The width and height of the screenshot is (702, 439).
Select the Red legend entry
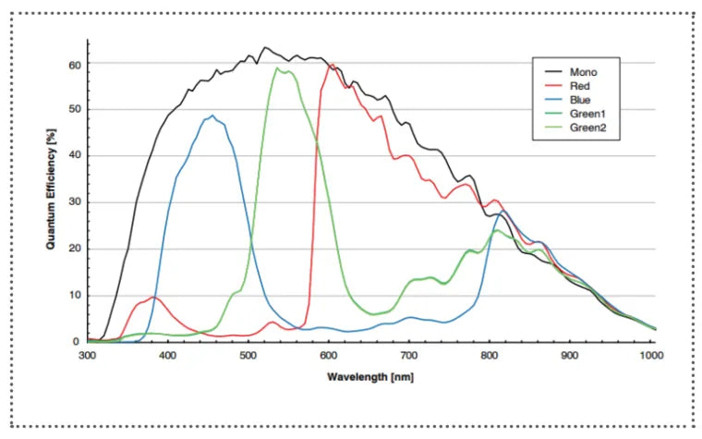pos(579,85)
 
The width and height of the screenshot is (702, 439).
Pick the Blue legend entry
pos(580,99)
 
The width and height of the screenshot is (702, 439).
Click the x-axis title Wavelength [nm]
pos(370,376)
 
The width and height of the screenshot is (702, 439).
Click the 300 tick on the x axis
pos(88,354)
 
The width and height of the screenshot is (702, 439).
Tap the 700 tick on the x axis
pos(409,354)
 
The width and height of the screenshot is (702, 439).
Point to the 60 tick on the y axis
pos(74,65)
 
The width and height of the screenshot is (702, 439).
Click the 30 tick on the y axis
pos(74,203)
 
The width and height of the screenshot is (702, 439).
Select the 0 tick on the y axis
pos(78,341)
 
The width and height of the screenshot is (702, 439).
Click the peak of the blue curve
pos(212,116)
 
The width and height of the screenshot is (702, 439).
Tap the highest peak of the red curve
pos(333,65)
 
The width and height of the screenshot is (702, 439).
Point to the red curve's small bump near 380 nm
pos(152,298)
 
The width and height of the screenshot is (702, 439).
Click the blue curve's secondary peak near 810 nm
pos(499,213)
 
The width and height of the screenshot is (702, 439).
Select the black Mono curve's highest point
pos(265,47)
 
